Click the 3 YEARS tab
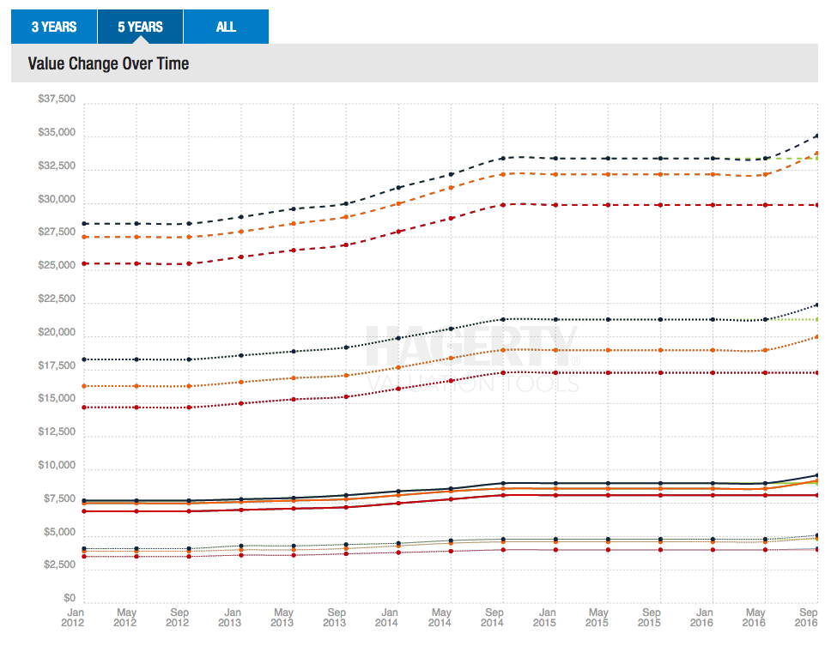54,27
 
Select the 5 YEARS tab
140,27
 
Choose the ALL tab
226,27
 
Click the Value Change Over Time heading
108,63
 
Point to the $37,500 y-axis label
57,100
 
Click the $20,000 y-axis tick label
57,333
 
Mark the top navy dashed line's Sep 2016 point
817,136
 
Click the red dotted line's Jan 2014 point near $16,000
398,389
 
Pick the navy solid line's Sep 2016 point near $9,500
817,475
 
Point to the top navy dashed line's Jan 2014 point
398,187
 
